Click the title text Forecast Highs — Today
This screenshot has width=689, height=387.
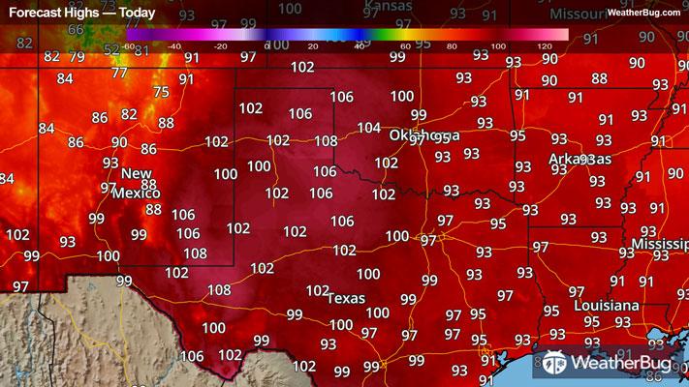70,13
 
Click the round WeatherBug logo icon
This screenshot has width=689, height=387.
556,364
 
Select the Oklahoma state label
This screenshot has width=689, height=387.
424,134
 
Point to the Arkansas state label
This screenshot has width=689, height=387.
579,158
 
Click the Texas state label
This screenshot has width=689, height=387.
346,298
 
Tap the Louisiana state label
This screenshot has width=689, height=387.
607,306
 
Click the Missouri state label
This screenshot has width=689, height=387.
579,15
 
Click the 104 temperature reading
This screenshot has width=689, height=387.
368,128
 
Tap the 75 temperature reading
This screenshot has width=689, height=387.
161,92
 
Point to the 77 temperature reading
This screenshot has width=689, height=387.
119,73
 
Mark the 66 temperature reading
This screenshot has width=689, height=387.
76,29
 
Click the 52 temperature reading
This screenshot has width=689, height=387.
111,49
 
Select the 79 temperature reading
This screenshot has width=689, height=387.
77,56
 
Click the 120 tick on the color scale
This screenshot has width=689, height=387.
546,45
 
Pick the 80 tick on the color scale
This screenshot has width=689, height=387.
452,45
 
